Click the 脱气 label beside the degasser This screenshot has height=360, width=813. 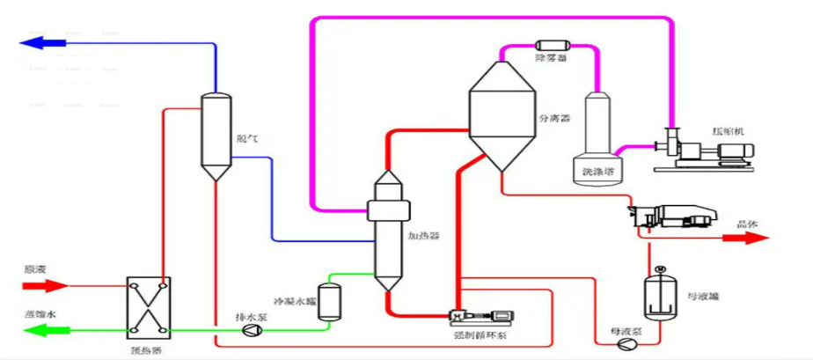pyautogui.click(x=246, y=138)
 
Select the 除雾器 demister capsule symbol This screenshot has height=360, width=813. pyautogui.click(x=551, y=44)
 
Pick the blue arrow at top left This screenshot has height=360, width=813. pyautogui.click(x=44, y=40)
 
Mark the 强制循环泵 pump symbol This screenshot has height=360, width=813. pyautogui.click(x=480, y=315)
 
